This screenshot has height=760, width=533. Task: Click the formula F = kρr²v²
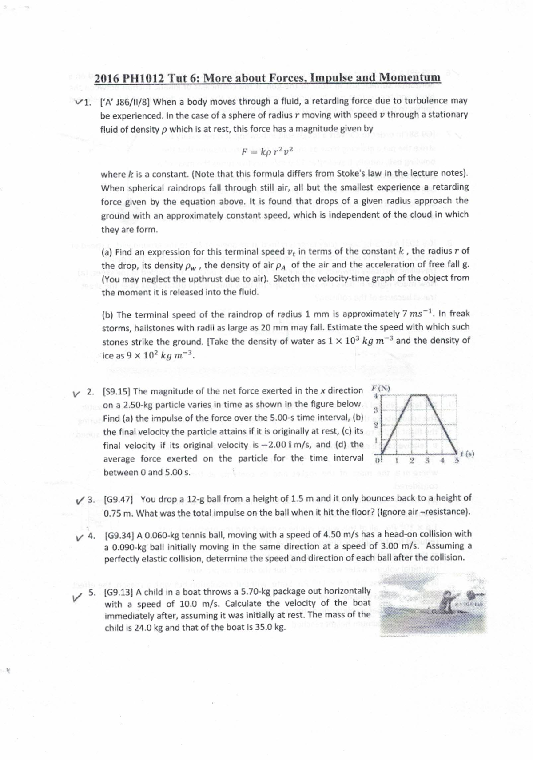(267, 151)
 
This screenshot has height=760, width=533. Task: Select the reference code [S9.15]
(116, 391)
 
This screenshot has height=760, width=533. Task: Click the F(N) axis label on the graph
(380, 387)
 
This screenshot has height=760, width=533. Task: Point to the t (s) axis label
(467, 454)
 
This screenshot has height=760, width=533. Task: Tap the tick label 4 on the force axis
(375, 395)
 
